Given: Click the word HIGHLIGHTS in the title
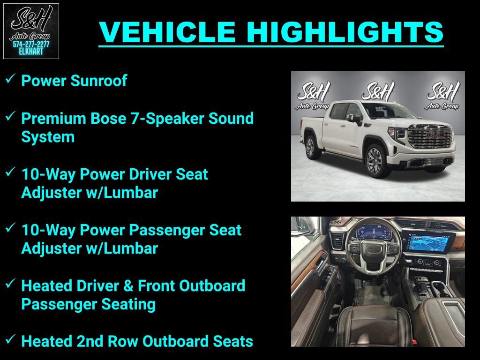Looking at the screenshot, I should tap(345, 32).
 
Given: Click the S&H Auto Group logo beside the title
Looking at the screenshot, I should tap(31, 31).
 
